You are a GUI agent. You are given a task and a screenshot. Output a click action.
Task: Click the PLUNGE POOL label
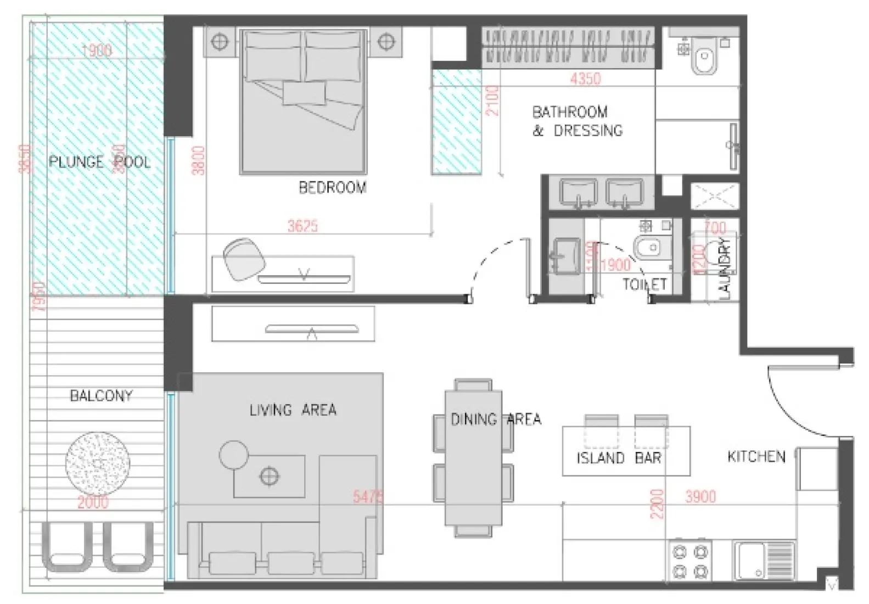pyautogui.click(x=99, y=162)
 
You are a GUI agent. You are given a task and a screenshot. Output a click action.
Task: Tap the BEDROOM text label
pyautogui.click(x=332, y=188)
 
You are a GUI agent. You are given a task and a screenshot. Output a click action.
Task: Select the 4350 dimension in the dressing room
pyautogui.click(x=585, y=79)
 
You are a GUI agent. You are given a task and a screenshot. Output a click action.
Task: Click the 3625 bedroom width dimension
pyautogui.click(x=302, y=226)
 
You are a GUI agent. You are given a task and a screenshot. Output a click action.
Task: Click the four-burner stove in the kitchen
pyautogui.click(x=691, y=561)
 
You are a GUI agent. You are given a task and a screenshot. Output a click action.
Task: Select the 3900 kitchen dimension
pyautogui.click(x=700, y=497)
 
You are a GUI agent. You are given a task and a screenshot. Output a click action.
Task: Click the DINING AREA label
pyautogui.click(x=495, y=420)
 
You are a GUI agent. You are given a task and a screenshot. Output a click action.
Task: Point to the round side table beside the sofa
pyautogui.click(x=234, y=455)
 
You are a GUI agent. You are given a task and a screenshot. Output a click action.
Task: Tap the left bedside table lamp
pyautogui.click(x=220, y=41)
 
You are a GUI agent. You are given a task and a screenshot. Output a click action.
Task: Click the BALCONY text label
pyautogui.click(x=101, y=396)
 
